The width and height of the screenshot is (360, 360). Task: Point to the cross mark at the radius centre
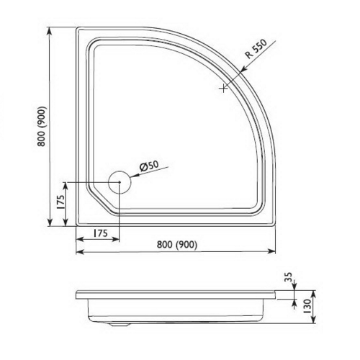224,89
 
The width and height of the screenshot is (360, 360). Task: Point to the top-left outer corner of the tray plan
78,30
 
